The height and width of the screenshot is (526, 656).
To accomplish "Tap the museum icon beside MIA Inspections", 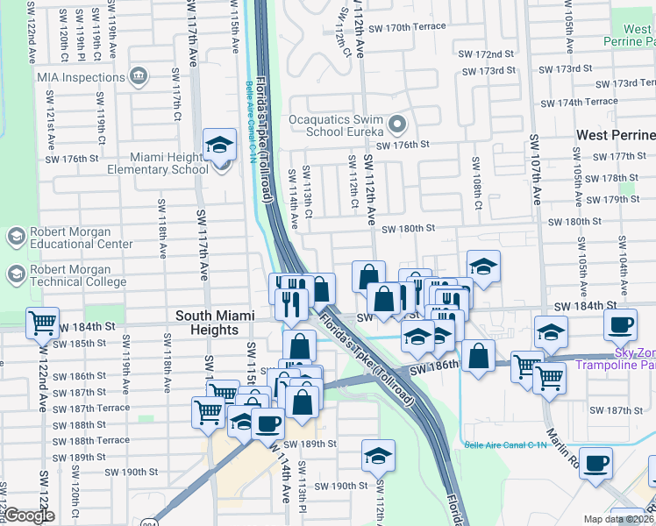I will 138,77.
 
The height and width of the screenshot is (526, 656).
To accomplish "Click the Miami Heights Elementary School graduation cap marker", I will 219,144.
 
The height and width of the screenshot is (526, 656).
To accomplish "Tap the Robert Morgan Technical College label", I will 82,274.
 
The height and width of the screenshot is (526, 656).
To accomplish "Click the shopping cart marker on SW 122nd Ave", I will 42,323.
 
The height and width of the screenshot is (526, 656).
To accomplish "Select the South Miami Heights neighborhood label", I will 207,323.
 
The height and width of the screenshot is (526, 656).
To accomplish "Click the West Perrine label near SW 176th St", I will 616,135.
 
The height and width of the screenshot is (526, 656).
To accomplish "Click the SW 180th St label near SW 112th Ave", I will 409,228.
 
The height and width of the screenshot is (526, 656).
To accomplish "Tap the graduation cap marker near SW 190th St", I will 378,456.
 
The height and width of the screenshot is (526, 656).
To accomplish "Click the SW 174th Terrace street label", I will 581,102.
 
